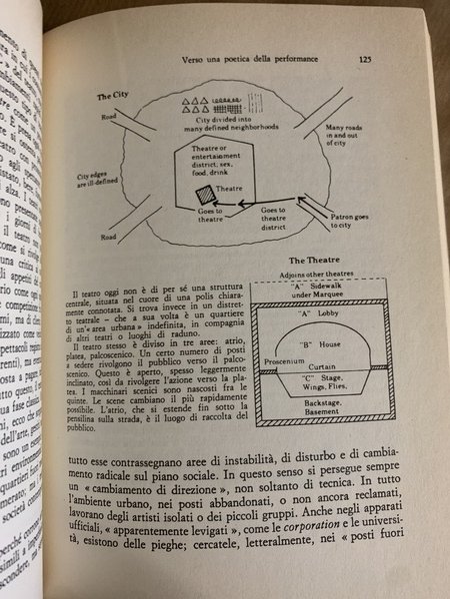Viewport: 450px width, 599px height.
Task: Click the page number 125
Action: [364, 60]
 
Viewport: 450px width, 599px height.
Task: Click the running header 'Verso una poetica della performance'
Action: [258, 61]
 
